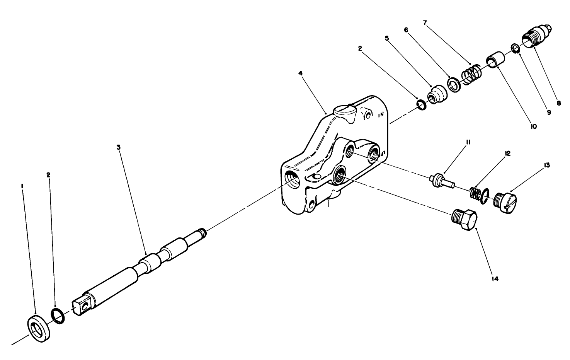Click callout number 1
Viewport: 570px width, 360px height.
click(22, 186)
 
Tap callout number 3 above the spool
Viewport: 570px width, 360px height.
click(119, 147)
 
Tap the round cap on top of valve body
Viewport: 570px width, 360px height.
click(345, 111)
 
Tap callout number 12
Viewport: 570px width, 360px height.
click(507, 154)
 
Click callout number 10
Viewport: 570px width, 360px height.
click(533, 126)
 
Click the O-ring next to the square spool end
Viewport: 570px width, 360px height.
click(58, 316)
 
